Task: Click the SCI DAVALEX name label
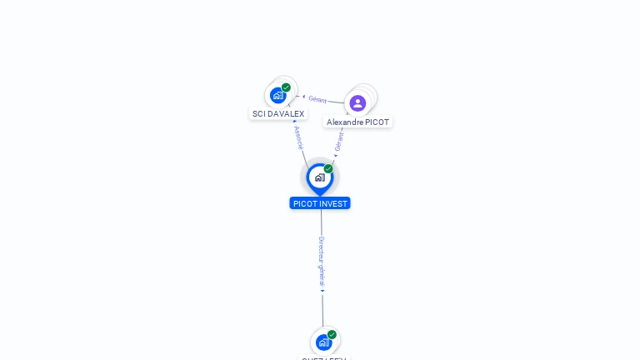coord(278,113)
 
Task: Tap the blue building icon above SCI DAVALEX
coord(277,96)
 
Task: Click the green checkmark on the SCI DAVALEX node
coord(286,87)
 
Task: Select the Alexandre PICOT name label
coord(357,122)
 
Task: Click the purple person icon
coord(357,102)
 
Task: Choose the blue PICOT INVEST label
coord(320,203)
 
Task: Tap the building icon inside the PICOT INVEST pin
coord(319,177)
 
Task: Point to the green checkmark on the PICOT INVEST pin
coord(328,169)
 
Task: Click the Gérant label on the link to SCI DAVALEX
coord(317,99)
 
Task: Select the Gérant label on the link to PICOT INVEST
coord(339,141)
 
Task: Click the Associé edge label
coord(298,137)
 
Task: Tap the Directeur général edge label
coord(322,262)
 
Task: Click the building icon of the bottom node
coord(323,342)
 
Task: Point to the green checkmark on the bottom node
coord(332,334)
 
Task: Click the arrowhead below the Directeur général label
coord(322,292)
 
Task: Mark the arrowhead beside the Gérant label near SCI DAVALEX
coord(303,97)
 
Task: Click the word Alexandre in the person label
coord(345,122)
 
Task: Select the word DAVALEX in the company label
coord(286,113)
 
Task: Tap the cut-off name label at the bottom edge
coord(324,357)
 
